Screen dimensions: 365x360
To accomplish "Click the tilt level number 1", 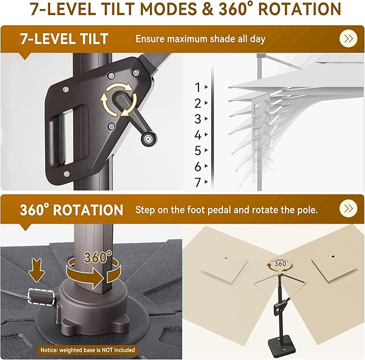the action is (198, 88).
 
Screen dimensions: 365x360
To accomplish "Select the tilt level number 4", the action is (198, 135).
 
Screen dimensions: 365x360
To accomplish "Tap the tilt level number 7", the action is (198, 183).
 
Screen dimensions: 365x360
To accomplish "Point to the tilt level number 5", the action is (198, 150).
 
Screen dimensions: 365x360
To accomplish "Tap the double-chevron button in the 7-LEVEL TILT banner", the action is (348, 39).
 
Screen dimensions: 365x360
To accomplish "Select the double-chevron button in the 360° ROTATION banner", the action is (348, 208).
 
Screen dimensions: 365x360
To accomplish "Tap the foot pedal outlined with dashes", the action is (41, 296).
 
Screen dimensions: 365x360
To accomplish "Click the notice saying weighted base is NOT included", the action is (88, 350).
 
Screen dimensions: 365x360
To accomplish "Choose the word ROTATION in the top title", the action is (299, 9).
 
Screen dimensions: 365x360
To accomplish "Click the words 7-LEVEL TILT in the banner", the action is (65, 39).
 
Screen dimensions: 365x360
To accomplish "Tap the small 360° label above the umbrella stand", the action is (282, 263).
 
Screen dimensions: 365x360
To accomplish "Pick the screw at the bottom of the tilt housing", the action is (66, 174).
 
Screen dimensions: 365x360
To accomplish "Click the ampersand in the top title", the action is (207, 9).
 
